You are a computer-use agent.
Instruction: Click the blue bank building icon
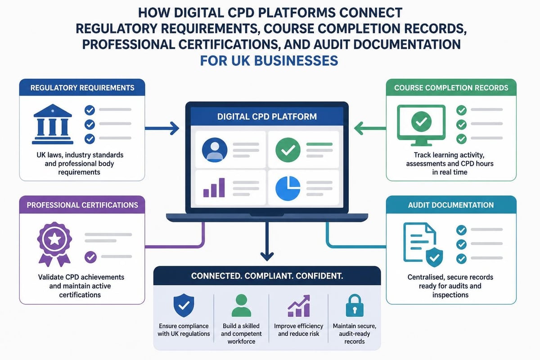[53, 124]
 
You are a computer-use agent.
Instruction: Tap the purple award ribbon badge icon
[54, 244]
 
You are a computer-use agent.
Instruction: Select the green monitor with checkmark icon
[421, 125]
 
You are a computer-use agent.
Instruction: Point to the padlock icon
[355, 305]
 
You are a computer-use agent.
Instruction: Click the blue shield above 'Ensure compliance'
[184, 305]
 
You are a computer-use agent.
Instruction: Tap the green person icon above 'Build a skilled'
[241, 306]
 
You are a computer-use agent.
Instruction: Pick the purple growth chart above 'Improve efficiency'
[299, 306]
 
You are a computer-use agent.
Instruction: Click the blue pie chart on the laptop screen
[288, 188]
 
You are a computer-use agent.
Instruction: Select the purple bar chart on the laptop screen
[214, 188]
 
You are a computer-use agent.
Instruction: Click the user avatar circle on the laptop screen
[215, 150]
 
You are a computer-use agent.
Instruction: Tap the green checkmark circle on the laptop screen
[288, 150]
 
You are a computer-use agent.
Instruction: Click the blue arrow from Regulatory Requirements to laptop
[162, 128]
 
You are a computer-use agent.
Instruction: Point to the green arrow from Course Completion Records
[370, 128]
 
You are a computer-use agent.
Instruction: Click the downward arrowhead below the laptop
[267, 256]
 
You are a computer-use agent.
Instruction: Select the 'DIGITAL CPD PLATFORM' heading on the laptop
[267, 117]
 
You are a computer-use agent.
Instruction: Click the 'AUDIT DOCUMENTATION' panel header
[451, 205]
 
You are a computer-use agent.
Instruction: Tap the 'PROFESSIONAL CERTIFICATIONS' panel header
[82, 205]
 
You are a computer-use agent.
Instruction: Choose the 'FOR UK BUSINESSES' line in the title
[269, 60]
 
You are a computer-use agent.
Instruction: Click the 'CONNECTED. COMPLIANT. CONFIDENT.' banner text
[267, 276]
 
